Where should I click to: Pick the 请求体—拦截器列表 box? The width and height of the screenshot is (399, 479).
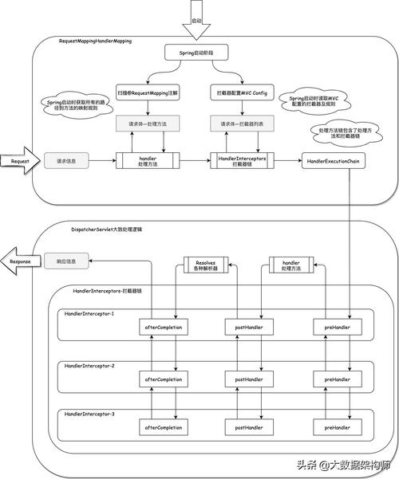[x=243, y=124]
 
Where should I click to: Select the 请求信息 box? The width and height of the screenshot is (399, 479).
[x=65, y=161]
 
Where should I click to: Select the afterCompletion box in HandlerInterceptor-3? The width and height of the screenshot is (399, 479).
[x=163, y=428]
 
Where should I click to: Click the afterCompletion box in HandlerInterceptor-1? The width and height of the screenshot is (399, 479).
[x=163, y=327]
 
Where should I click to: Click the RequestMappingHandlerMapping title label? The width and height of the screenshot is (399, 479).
[x=95, y=40]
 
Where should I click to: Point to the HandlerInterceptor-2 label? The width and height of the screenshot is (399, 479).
[x=89, y=366]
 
